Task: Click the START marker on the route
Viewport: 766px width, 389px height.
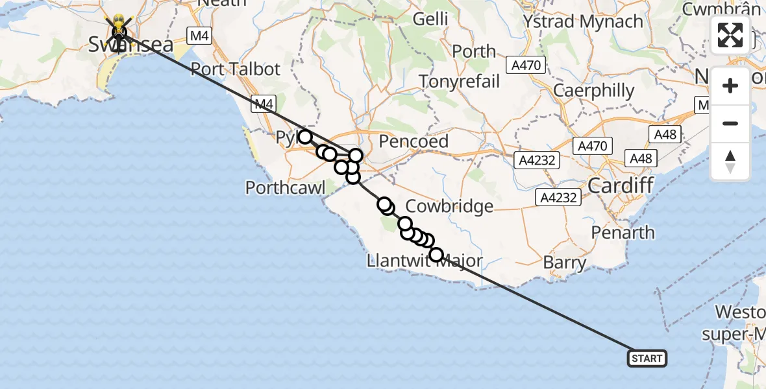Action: click(x=647, y=359)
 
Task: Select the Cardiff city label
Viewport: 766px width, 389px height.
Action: click(x=621, y=187)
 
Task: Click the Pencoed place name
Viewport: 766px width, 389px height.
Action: click(x=414, y=141)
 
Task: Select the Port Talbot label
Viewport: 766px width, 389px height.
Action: click(x=235, y=69)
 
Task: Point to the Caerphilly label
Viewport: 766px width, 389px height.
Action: click(x=593, y=91)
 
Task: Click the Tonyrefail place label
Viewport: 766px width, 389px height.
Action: click(x=460, y=82)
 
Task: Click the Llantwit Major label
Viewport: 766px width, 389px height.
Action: click(x=425, y=261)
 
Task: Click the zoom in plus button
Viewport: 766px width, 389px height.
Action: click(x=730, y=86)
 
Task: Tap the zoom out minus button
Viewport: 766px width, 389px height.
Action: click(x=730, y=123)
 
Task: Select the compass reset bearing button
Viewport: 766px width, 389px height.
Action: click(x=730, y=160)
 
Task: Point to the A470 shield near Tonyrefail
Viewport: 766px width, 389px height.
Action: click(x=528, y=65)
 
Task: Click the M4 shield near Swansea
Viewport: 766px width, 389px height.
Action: click(x=199, y=36)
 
